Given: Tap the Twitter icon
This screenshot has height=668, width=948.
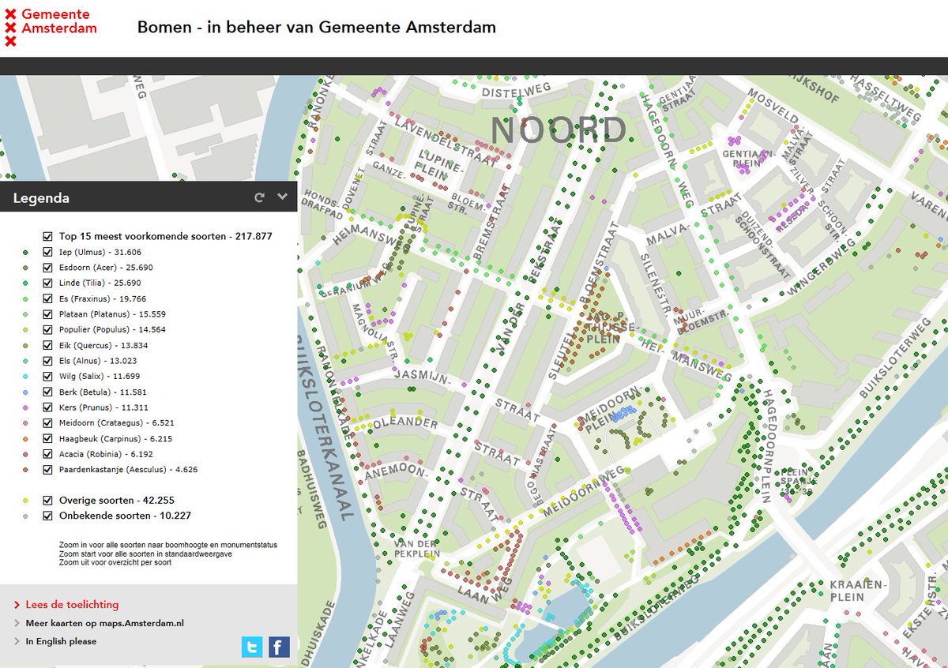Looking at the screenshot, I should [252, 647].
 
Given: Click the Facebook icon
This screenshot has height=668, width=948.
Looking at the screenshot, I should [279, 647].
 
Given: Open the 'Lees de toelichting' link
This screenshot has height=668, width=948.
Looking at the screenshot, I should [72, 604].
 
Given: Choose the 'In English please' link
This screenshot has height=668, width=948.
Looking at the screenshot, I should [61, 641].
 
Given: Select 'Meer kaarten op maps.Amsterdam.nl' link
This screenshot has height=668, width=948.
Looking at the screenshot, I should [104, 623].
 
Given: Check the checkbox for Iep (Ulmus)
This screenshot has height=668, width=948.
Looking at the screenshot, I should [48, 252].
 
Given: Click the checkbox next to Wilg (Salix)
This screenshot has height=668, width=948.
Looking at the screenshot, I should [48, 376].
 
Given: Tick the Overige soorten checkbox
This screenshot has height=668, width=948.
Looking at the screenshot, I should [48, 500].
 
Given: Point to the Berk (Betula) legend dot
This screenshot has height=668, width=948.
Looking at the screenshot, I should [26, 392].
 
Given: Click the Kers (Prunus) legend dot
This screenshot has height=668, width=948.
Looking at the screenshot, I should [26, 407].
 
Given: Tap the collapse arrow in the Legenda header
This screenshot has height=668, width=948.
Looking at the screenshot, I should [282, 197].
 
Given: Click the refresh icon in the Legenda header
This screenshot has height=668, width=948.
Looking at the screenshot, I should [259, 197].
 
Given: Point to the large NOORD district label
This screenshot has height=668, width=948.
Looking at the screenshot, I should [559, 131].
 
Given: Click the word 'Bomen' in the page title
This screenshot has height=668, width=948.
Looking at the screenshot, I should [164, 27].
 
